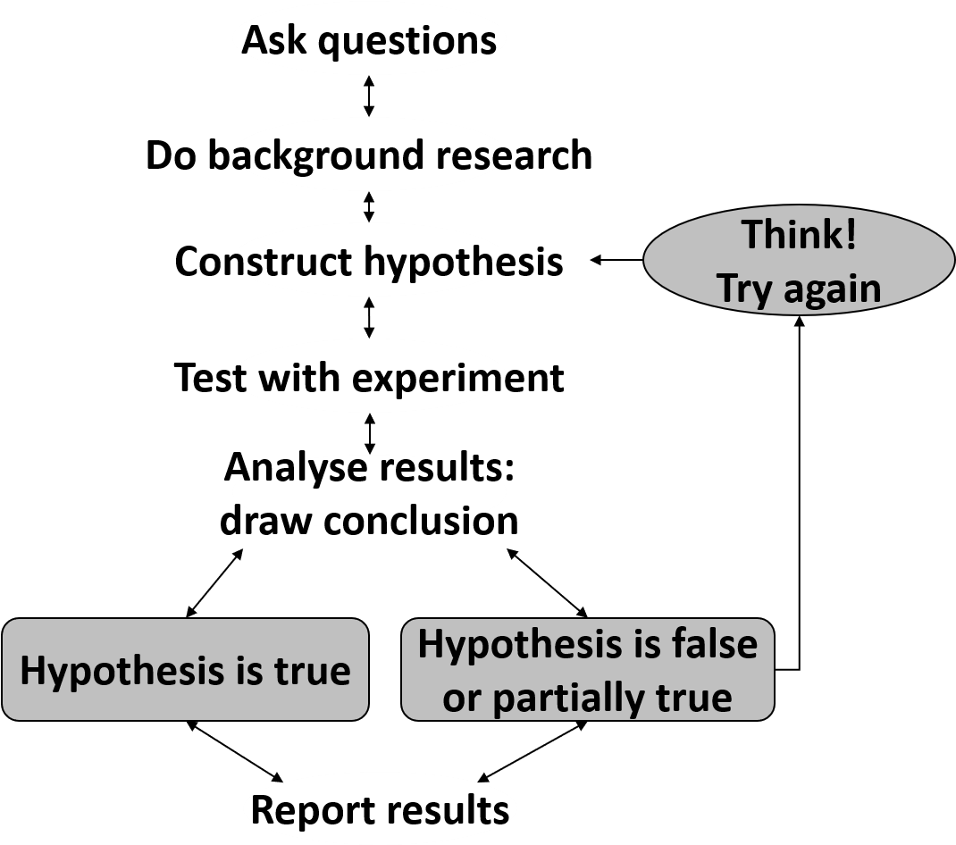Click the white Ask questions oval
coord(369,40)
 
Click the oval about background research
coord(369,155)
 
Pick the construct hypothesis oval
coord(369,262)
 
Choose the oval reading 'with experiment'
coord(369,377)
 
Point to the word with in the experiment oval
coord(299,378)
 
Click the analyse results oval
coord(369,489)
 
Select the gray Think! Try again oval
coord(799,261)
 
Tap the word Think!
coord(799,235)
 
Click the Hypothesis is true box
coord(185,670)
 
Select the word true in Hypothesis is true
coord(313,671)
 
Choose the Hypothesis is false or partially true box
coord(587,670)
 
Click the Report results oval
coord(380,809)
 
